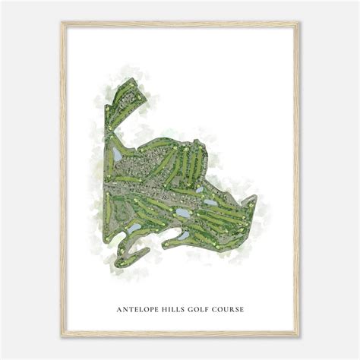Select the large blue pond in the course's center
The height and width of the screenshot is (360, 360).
(x=184, y=213)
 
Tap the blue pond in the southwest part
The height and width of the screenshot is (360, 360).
(x=134, y=227)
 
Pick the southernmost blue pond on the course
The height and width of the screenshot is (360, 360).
(x=183, y=235)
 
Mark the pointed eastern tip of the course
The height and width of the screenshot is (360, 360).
(x=256, y=197)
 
